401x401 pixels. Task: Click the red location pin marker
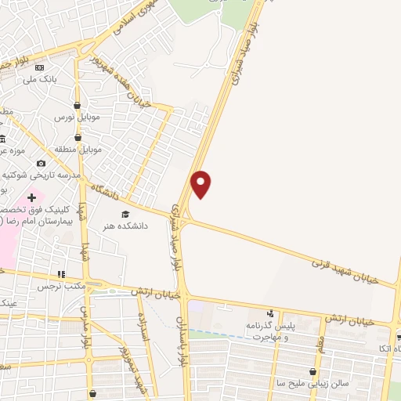pos(201,183)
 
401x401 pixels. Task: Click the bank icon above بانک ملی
pos(39,67)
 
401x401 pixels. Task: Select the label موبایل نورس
pos(74,117)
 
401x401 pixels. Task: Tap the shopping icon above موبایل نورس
pos(78,105)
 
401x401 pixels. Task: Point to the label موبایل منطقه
pos(75,149)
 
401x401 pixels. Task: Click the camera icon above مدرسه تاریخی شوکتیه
pos(41,163)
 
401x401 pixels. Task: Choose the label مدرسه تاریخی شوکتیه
pos(44,175)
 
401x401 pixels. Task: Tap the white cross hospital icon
pos(31,197)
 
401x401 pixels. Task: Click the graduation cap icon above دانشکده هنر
pos(124,213)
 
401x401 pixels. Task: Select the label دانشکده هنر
pos(124,226)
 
